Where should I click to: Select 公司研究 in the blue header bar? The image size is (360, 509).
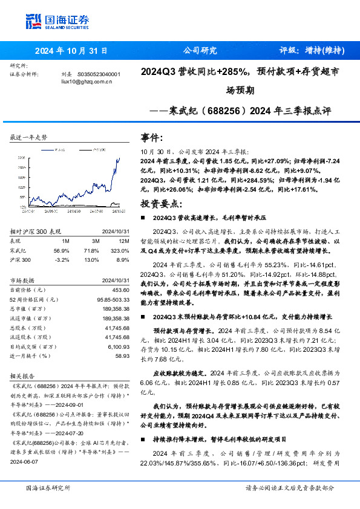pos(199,51)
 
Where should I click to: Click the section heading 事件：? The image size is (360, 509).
pos(151,138)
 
